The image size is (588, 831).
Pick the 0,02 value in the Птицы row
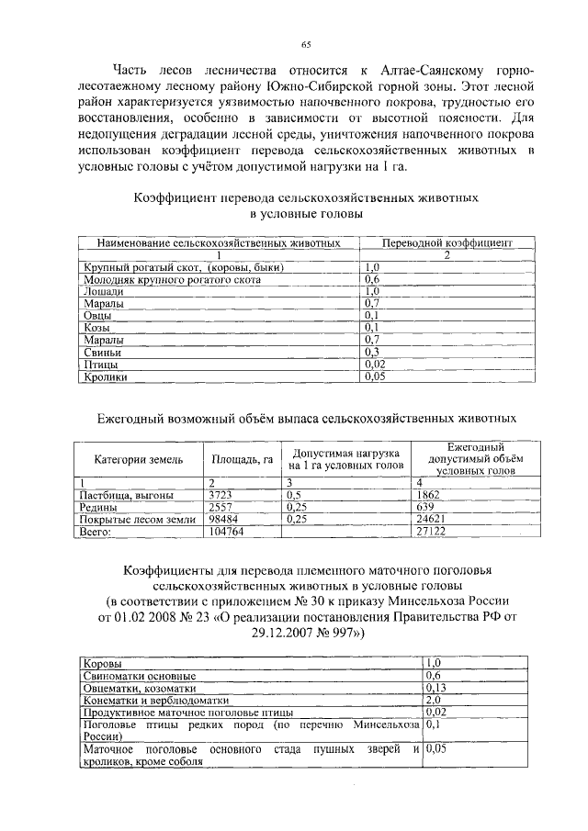point(374,364)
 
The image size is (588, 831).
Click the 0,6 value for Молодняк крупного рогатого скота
point(372,279)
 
